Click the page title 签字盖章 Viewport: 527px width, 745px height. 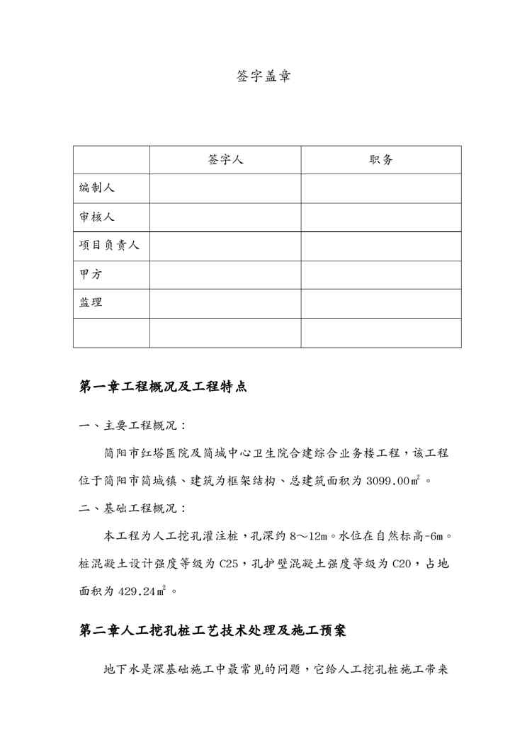tap(263, 76)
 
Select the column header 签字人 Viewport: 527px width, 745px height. tap(225, 160)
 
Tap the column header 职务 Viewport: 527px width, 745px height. tap(381, 160)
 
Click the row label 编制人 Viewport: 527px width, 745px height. tap(97, 188)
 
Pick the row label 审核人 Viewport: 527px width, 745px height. tap(97, 217)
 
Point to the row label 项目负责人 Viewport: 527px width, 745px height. tap(109, 246)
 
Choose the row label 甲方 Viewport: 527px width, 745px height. tap(91, 275)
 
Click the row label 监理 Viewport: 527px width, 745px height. tap(91, 303)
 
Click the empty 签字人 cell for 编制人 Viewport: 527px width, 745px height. tap(225, 188)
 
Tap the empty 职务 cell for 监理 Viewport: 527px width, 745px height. tap(381, 303)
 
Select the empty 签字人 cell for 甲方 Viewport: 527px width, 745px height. tap(225, 275)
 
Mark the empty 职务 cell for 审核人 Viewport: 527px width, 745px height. tap(381, 217)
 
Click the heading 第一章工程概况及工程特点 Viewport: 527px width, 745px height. tap(162, 387)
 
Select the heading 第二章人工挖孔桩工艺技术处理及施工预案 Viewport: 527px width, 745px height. tap(212, 630)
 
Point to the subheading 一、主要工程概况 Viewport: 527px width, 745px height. tap(132, 426)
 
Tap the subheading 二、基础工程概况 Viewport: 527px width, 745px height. tap(132, 508)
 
